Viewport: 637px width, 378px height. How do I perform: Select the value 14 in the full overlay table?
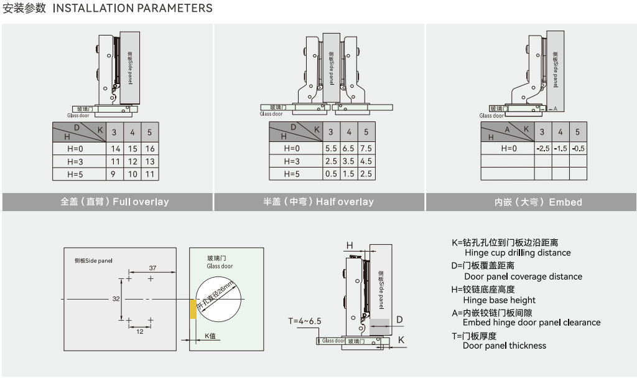[x=115, y=149]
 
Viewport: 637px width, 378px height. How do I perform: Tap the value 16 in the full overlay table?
[x=150, y=149]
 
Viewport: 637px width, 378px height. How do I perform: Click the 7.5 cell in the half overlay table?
[x=366, y=149]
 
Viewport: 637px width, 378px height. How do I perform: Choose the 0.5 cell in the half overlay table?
[x=331, y=174]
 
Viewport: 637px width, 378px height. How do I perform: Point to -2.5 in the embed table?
[x=542, y=149]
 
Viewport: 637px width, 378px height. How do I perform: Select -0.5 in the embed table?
[x=578, y=149]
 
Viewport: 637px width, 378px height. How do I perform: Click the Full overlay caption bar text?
[x=114, y=202]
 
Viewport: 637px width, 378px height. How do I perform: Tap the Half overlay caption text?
[x=318, y=202]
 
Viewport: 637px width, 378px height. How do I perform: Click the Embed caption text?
[x=538, y=202]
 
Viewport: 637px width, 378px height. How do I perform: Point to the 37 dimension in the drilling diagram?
[x=153, y=268]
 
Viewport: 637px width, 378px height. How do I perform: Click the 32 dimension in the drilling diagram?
[x=116, y=299]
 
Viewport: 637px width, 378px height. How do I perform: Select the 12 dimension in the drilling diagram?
[x=140, y=332]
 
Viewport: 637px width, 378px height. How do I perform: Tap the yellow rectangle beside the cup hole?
[x=193, y=308]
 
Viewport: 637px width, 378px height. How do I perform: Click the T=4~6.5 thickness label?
[x=304, y=321]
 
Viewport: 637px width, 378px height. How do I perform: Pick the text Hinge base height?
[x=500, y=300]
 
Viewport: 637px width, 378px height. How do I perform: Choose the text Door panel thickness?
[x=504, y=346]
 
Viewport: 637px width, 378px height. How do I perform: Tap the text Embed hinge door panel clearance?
[x=531, y=323]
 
